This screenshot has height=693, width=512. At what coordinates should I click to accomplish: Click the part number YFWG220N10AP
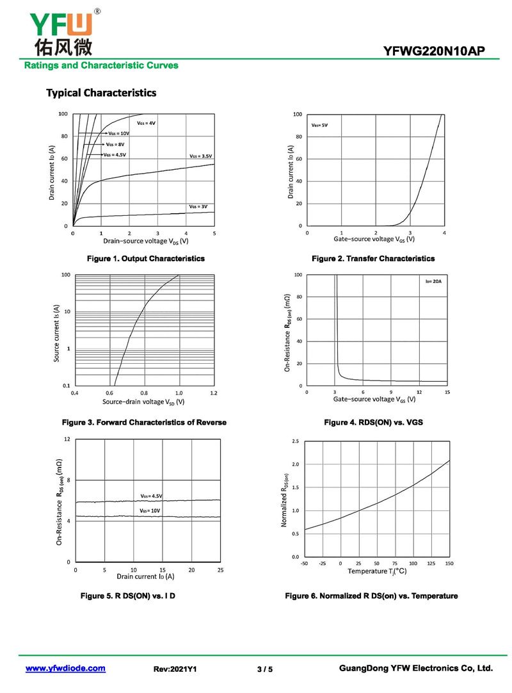click(439, 51)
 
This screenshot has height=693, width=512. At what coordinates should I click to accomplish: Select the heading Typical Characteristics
click(101, 93)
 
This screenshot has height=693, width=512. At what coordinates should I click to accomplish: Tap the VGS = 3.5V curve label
click(200, 156)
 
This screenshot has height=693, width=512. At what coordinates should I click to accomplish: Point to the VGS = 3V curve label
click(198, 206)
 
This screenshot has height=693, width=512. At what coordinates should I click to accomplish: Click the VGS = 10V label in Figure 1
click(118, 133)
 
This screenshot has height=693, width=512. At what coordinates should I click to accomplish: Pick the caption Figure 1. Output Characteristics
click(146, 259)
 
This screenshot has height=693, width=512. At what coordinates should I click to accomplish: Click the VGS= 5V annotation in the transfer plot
click(319, 125)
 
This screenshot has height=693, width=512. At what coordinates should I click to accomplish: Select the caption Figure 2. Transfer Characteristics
click(372, 259)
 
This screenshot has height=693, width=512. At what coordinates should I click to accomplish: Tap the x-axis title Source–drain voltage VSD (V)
click(143, 402)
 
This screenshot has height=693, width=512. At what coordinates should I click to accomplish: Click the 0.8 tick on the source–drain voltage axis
click(144, 392)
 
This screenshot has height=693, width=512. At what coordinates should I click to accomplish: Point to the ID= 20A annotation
click(433, 282)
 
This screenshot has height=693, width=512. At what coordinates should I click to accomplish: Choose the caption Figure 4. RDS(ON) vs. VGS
click(373, 423)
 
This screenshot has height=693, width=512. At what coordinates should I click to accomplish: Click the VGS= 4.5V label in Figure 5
click(151, 496)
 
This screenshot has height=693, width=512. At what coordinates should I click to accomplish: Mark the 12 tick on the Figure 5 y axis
click(67, 439)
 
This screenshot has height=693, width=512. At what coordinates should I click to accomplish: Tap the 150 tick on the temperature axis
click(449, 564)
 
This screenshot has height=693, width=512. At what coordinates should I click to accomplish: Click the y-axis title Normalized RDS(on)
click(285, 500)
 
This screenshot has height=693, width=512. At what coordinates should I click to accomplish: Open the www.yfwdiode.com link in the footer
click(65, 669)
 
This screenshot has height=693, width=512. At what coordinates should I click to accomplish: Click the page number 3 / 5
click(264, 669)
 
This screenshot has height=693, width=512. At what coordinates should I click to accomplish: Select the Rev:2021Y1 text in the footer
click(175, 669)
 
